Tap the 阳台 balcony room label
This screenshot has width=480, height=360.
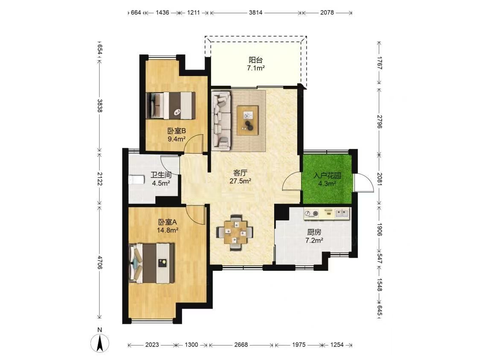pos(256,60)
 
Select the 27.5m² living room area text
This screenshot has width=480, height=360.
pos(240,181)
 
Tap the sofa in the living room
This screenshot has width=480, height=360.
pos(221,120)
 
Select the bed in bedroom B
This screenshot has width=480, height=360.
pos(171,105)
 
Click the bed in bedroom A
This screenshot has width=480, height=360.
pos(152,263)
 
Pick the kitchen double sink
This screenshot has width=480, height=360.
pos(342,213)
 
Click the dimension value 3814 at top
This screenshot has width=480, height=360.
pos(255,12)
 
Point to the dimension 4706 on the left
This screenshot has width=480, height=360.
pos(100,262)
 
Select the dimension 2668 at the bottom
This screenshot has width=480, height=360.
pos(241,345)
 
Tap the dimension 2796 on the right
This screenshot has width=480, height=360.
pos(380,122)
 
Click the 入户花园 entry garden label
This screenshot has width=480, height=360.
pos(327,176)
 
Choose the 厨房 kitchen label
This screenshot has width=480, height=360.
pos(314,232)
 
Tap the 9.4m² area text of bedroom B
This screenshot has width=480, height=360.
pos(177,139)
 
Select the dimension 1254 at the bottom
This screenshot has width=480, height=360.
pos(337,345)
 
